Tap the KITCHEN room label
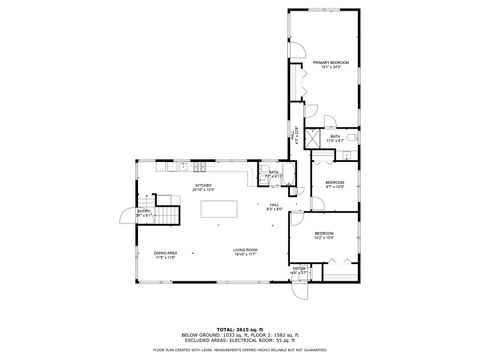click(x=204, y=186)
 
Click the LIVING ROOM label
click(x=246, y=250)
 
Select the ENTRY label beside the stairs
click(x=144, y=211)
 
